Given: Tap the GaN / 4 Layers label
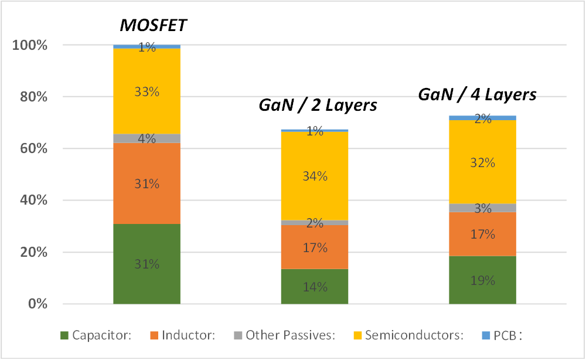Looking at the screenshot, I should click(478, 94).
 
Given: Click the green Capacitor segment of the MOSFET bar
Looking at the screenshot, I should click(146, 264).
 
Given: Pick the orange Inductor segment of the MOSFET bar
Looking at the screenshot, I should click(146, 183).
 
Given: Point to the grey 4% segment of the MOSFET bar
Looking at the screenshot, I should click(146, 138).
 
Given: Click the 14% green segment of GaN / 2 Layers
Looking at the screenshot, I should click(315, 287).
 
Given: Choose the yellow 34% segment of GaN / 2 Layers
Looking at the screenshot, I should click(315, 176).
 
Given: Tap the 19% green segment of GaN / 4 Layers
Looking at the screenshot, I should click(482, 280).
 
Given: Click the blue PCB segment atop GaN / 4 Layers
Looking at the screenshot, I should click(482, 118).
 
